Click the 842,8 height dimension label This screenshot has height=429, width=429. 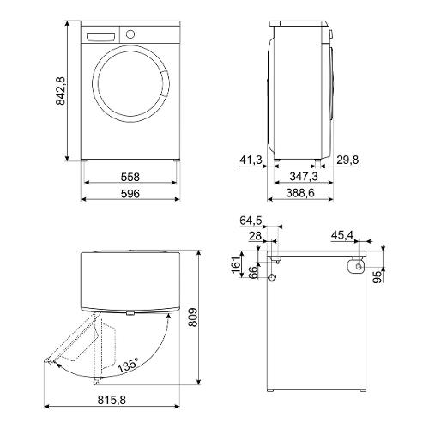(x=61, y=91)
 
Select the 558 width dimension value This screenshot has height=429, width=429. (x=130, y=177)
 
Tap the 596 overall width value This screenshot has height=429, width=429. (x=130, y=194)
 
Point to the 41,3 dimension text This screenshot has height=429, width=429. (x=251, y=160)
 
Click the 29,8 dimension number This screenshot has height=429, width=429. (x=347, y=160)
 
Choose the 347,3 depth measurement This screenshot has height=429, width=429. (x=304, y=177)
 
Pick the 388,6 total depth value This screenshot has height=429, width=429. (x=300, y=193)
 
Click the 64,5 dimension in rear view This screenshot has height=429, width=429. (x=251, y=221)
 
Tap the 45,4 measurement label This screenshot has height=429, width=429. (x=342, y=236)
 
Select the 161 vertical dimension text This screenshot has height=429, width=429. (x=236, y=264)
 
